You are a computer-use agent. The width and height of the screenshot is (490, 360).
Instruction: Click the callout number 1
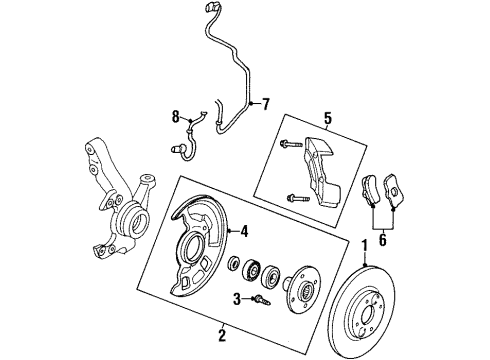click(365, 245)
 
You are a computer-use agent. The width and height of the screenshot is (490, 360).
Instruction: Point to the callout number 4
click(242, 233)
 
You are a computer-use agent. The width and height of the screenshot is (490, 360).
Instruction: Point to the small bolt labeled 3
click(259, 298)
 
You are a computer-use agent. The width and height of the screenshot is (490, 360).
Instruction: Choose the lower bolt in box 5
click(295, 197)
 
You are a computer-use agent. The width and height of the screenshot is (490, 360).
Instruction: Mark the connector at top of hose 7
click(210, 12)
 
